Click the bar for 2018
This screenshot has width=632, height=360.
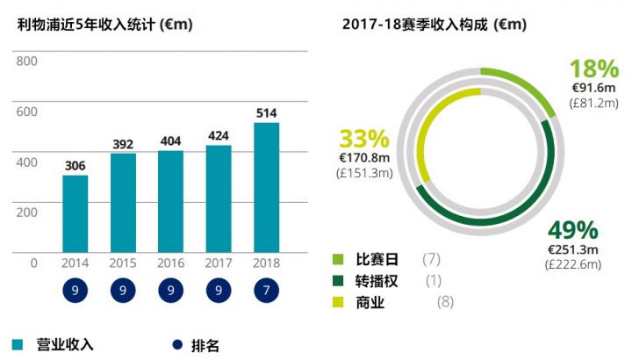coord(267,187)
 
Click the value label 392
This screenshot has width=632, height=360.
coord(123,144)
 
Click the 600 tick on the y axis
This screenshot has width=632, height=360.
coord(26,112)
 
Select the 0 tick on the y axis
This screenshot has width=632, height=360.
coord(33,263)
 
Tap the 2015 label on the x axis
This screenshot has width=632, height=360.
coord(123,263)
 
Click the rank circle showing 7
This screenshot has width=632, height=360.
coord(267,291)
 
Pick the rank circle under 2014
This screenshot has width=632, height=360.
coord(75,291)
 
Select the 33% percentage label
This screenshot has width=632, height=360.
coord(363,140)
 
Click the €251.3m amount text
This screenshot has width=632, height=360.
coord(571,249)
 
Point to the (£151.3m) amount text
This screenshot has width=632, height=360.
coord(364,173)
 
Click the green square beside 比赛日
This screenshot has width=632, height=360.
coord(338,259)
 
